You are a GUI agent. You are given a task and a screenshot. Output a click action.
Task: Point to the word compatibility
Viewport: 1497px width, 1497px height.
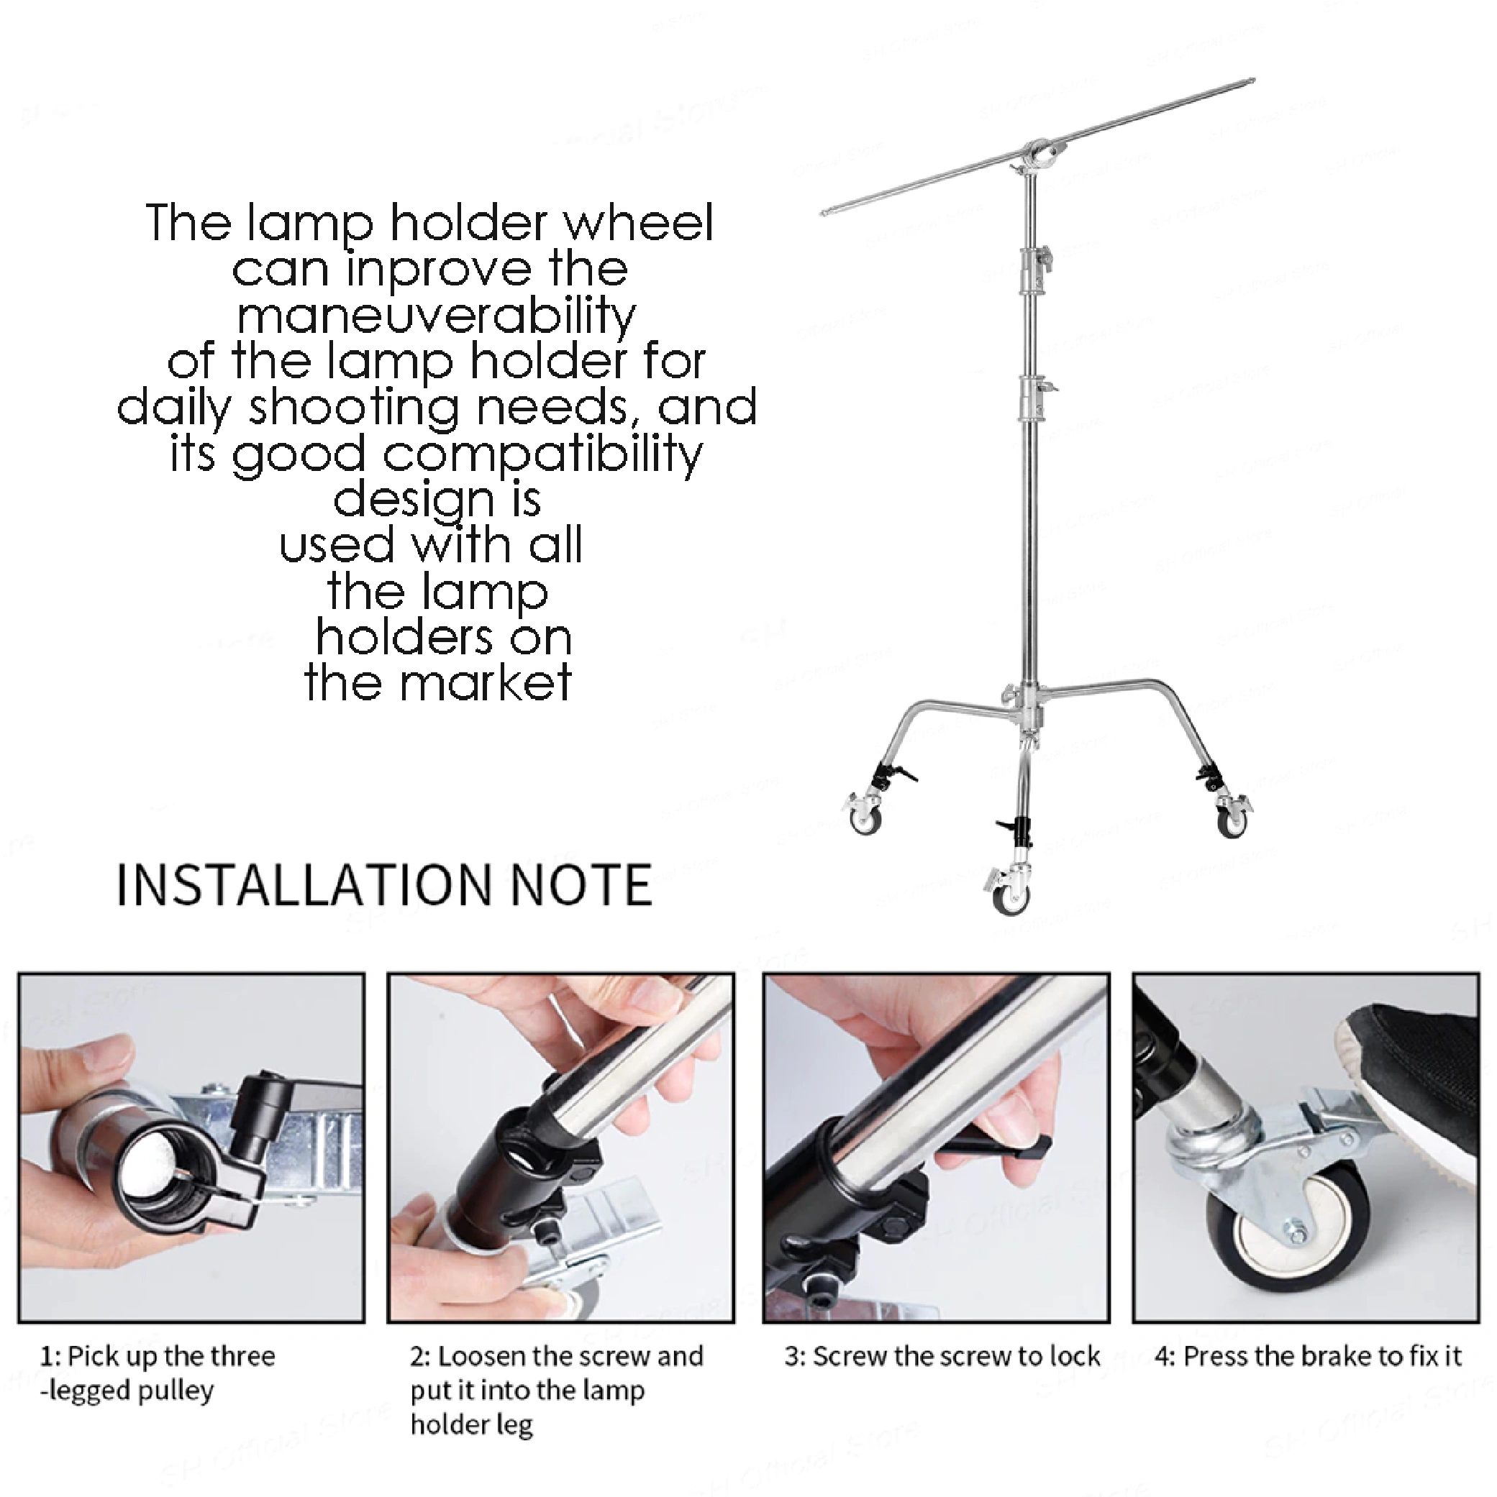[x=542, y=456]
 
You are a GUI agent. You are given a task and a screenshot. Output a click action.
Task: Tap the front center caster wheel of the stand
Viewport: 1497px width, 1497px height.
[x=1011, y=897]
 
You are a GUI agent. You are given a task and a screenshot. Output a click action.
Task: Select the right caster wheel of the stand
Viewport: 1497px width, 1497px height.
[x=1230, y=820]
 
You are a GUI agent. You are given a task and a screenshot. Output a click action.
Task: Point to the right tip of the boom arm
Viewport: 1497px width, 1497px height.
[x=1253, y=79]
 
